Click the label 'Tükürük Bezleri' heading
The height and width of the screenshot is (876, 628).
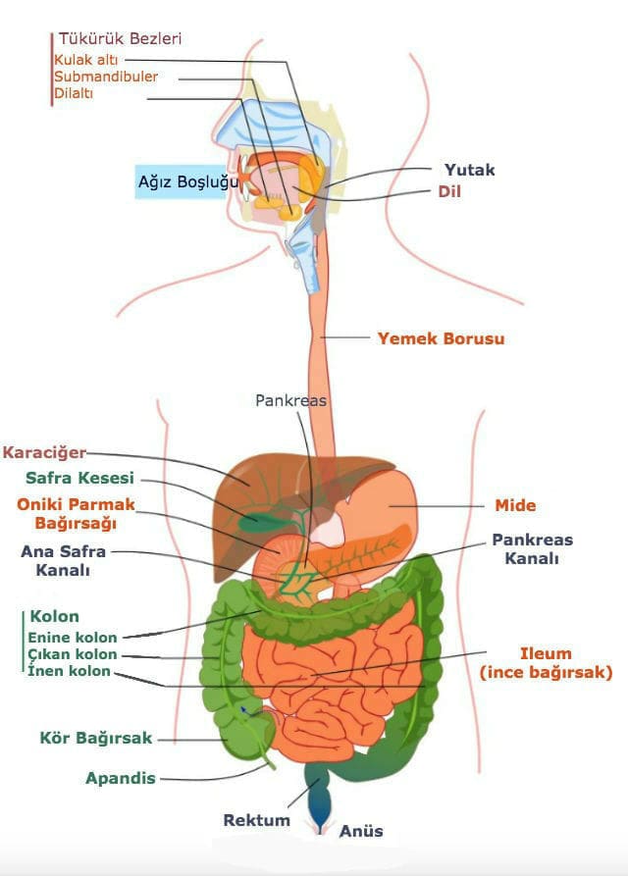click(x=120, y=39)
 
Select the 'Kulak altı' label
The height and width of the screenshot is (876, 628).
click(x=86, y=60)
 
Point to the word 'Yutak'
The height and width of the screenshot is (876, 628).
click(x=469, y=170)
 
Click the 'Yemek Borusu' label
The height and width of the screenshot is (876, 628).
click(x=441, y=338)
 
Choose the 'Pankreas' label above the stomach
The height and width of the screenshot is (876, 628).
click(x=290, y=400)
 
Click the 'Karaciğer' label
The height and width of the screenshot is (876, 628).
click(x=45, y=452)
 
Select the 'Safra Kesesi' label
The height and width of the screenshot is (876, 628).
click(x=79, y=478)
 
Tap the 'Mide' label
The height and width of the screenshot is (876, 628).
click(x=515, y=505)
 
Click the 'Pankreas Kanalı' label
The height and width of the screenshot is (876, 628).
click(x=533, y=548)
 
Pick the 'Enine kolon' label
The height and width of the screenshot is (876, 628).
click(x=73, y=638)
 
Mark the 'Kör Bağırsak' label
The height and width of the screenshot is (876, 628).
click(x=96, y=738)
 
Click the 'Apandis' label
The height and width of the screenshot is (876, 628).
click(x=121, y=778)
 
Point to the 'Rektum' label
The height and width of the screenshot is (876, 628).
click(x=256, y=820)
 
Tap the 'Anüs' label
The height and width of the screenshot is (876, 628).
click(x=361, y=831)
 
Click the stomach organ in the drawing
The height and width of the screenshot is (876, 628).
click(x=386, y=505)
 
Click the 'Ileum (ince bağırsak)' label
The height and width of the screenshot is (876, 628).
click(x=546, y=662)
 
